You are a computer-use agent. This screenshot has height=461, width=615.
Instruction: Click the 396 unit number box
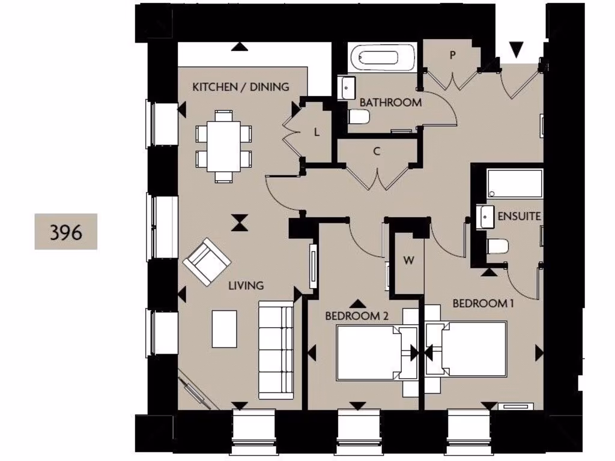click(x=66, y=232)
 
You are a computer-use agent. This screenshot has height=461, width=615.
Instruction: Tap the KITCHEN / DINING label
click(x=240, y=87)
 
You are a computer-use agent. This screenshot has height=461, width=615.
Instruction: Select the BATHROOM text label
click(x=390, y=103)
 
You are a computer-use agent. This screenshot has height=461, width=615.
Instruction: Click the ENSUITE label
click(x=519, y=216)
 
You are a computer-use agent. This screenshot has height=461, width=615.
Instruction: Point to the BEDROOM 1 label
click(x=483, y=304)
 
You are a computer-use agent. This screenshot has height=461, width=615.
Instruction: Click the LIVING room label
click(x=246, y=286)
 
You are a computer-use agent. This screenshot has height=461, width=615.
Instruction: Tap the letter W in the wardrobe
click(x=408, y=261)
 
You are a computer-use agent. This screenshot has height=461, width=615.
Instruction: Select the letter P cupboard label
click(x=453, y=55)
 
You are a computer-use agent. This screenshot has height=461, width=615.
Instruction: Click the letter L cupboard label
click(x=317, y=133)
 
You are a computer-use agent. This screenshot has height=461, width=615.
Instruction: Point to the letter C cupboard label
click(x=377, y=151)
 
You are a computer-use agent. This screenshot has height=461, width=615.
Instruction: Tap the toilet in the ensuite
click(x=498, y=246)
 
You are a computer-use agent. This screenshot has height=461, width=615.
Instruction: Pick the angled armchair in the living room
click(x=207, y=262)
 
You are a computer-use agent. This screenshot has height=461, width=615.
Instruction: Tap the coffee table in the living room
click(x=224, y=329)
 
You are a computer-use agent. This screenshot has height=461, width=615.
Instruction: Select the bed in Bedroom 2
click(x=369, y=352)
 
